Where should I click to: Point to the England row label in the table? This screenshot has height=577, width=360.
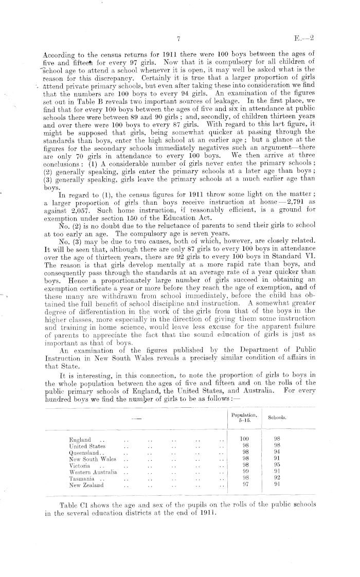[x=80, y=439]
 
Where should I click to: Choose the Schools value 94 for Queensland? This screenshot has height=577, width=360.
[x=277, y=452]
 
